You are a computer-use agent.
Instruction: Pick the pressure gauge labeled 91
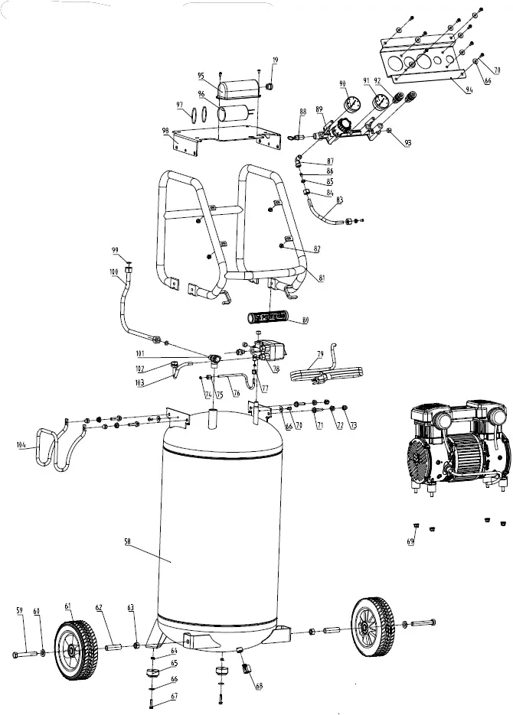377,103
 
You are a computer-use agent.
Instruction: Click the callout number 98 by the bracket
165,132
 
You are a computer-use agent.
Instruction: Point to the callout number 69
411,541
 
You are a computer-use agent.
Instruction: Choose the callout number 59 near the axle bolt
20,609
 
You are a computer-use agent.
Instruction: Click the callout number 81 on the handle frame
321,278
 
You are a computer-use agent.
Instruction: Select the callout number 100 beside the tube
113,271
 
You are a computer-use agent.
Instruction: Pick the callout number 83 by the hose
339,199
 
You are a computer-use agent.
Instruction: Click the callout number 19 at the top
275,60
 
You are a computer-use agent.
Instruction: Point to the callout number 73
353,425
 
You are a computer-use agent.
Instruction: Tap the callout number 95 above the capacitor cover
201,76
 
